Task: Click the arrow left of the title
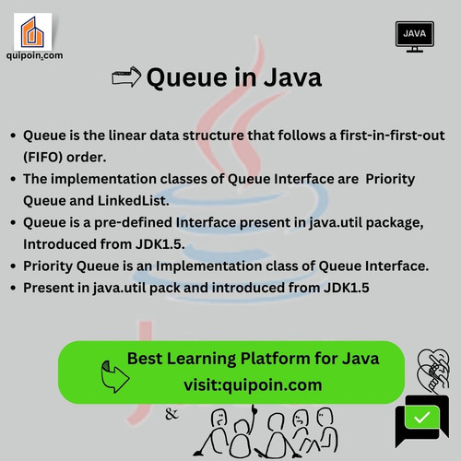point(125,77)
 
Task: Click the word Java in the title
point(287,78)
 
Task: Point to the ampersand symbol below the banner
point(171,414)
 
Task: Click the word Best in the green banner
point(145,358)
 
